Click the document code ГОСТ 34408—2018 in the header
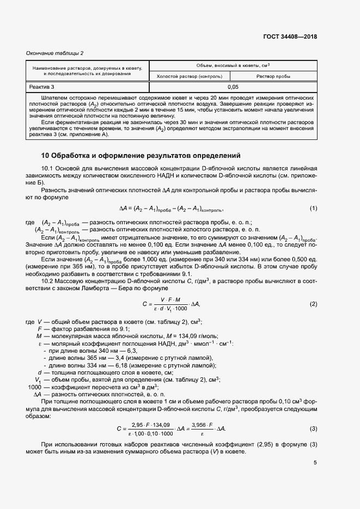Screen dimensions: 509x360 [290, 37]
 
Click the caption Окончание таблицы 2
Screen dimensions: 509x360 [55, 53]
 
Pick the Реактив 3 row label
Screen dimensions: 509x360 [42, 87]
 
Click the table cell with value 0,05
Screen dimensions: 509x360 [233, 87]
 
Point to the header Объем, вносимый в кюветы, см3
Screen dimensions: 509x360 [233, 65]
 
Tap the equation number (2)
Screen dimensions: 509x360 [313, 303]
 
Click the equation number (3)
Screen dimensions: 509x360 [313, 429]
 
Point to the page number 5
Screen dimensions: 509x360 [315, 463]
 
